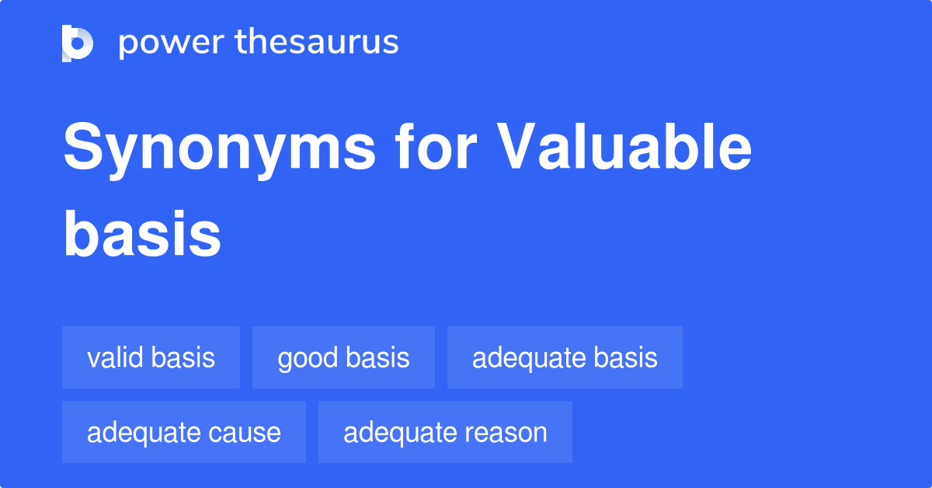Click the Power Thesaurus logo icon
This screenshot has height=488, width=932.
(78, 43)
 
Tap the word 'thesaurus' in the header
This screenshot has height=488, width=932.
(318, 43)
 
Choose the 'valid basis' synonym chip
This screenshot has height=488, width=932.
(151, 357)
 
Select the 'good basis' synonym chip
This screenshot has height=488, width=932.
(343, 357)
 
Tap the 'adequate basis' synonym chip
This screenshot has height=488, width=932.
(565, 357)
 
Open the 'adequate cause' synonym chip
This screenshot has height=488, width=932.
(184, 432)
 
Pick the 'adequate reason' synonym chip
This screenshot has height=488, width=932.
(445, 432)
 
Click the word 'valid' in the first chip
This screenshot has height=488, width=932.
(116, 357)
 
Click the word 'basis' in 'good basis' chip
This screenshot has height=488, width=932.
(377, 357)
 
